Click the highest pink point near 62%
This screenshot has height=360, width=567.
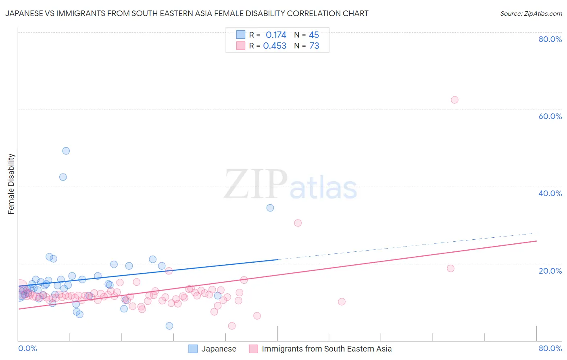tap(454, 100)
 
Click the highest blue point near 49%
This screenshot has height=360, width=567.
tap(66, 151)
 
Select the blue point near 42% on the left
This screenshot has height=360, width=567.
tap(63, 177)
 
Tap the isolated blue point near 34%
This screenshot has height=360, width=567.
tap(270, 208)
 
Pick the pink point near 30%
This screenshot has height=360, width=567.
tap(298, 223)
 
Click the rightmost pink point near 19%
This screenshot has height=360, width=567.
tap(450, 268)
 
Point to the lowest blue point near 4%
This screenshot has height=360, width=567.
tap(169, 326)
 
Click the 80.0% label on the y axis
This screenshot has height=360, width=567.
tap(550, 39)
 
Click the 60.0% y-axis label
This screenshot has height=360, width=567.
tap(550, 116)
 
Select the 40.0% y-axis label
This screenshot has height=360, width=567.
tap(550, 193)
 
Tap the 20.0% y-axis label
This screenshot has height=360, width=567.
tap(550, 271)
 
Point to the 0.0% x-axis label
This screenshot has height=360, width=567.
tap(27, 348)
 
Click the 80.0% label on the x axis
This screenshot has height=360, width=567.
tap(550, 348)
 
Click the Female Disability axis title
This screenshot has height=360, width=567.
tap(11, 184)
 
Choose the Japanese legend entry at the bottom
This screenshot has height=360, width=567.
tap(219, 349)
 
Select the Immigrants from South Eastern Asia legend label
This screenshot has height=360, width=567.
tap(327, 349)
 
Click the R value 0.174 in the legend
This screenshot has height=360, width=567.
tap(276, 35)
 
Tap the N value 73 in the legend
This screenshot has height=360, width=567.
tap(314, 46)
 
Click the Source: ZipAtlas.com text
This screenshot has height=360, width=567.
tap(531, 14)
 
